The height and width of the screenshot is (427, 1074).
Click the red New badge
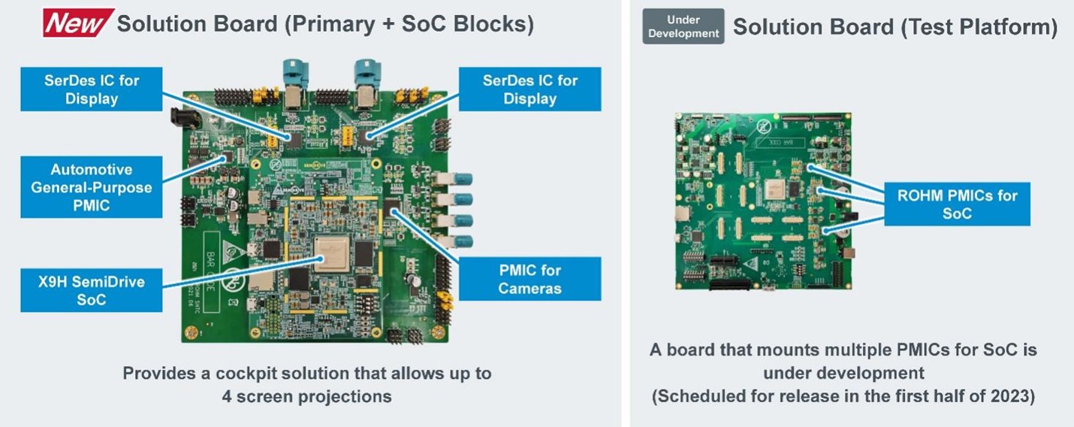coord(78,23)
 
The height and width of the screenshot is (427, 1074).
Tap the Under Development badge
coord(683,26)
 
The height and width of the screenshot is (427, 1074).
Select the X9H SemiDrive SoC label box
coord(91,290)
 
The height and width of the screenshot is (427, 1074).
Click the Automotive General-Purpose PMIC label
coord(91,187)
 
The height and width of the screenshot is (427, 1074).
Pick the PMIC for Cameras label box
coord(529,279)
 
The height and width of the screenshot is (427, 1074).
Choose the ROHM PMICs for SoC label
coord(957,204)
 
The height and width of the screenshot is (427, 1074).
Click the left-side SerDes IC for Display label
coord(91,89)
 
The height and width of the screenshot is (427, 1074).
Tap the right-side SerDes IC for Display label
coord(529,89)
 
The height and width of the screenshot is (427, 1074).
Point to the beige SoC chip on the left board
coord(331,254)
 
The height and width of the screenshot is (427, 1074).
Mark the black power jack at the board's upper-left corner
coord(184,118)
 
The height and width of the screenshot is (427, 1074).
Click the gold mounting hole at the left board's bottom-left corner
coord(192,332)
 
